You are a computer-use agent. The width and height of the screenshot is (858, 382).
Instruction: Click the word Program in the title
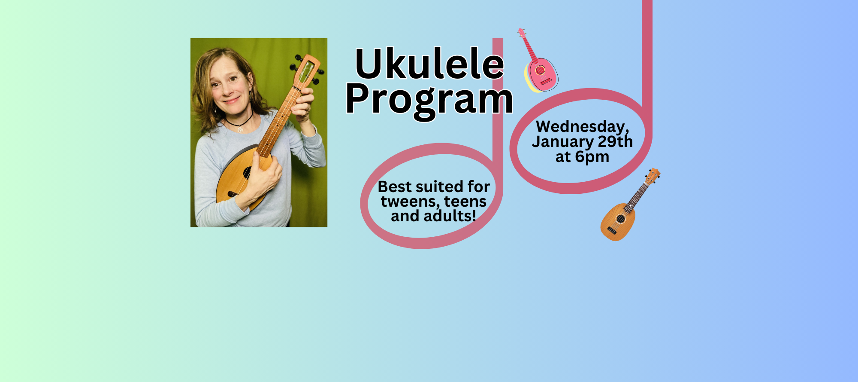coord(429,100)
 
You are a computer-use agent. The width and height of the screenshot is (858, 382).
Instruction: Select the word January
coord(562,142)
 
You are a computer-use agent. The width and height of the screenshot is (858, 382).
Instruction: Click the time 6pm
coord(592,157)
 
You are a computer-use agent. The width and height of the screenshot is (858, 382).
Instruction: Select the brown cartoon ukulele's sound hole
coord(620,219)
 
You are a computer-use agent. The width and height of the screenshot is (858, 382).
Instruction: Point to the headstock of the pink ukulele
coord(522,33)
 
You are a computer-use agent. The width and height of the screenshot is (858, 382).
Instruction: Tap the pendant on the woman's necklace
coord(240,129)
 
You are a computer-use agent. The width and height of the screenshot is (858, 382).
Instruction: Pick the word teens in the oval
coord(465,202)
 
